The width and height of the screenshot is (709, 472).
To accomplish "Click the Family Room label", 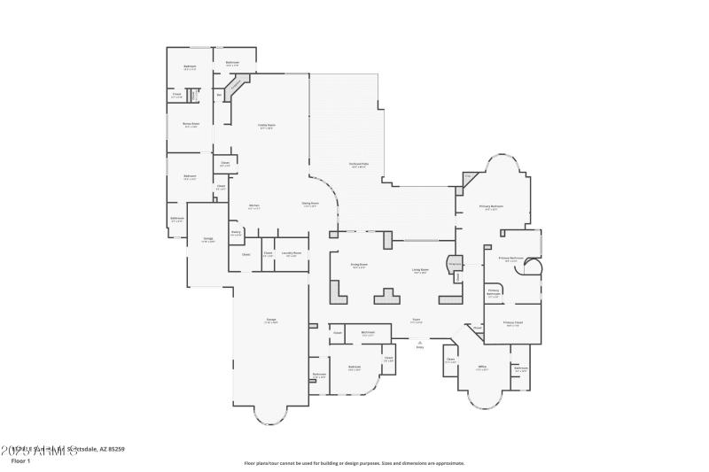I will point(266,127).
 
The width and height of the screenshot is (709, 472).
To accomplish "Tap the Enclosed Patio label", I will point(358,166).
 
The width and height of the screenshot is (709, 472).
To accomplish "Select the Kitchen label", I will point(253,207).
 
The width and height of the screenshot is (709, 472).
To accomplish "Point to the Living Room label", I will point(420,271).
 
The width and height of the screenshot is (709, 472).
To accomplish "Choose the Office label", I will point(482,368).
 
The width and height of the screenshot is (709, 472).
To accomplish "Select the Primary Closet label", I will point(512,323).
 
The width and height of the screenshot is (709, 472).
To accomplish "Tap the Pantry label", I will point(236,235).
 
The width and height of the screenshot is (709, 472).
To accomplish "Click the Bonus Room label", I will point(191,125).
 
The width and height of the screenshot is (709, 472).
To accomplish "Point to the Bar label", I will point(219,95).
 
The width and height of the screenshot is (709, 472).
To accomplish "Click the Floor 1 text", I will point(20,461).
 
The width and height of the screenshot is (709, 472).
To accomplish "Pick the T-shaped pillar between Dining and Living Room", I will point(386,297).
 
